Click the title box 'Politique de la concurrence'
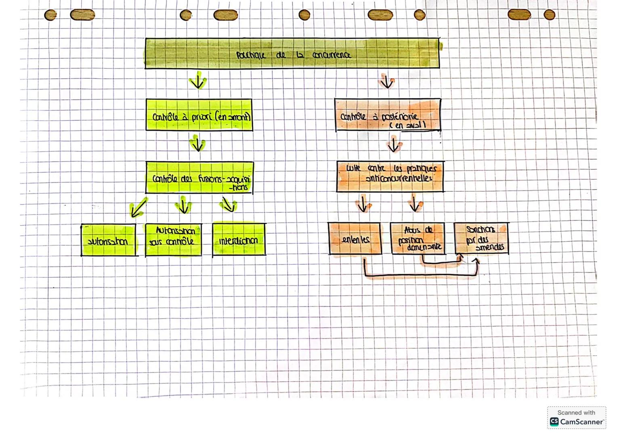292,54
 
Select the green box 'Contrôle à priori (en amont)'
199,115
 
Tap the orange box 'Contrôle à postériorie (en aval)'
388,115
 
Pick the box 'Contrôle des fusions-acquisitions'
199,178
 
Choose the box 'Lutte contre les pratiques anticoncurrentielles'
390,177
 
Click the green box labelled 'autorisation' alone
108,240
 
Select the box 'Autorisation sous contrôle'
173,240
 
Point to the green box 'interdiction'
239,239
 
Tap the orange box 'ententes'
355,239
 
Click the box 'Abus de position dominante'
418,239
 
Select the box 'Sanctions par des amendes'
481,238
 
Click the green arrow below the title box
197,81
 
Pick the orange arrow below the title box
387,82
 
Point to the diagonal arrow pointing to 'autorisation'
138,208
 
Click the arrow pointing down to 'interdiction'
229,205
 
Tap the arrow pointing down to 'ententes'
363,204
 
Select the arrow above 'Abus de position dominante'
414,203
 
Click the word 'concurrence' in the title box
332,55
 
